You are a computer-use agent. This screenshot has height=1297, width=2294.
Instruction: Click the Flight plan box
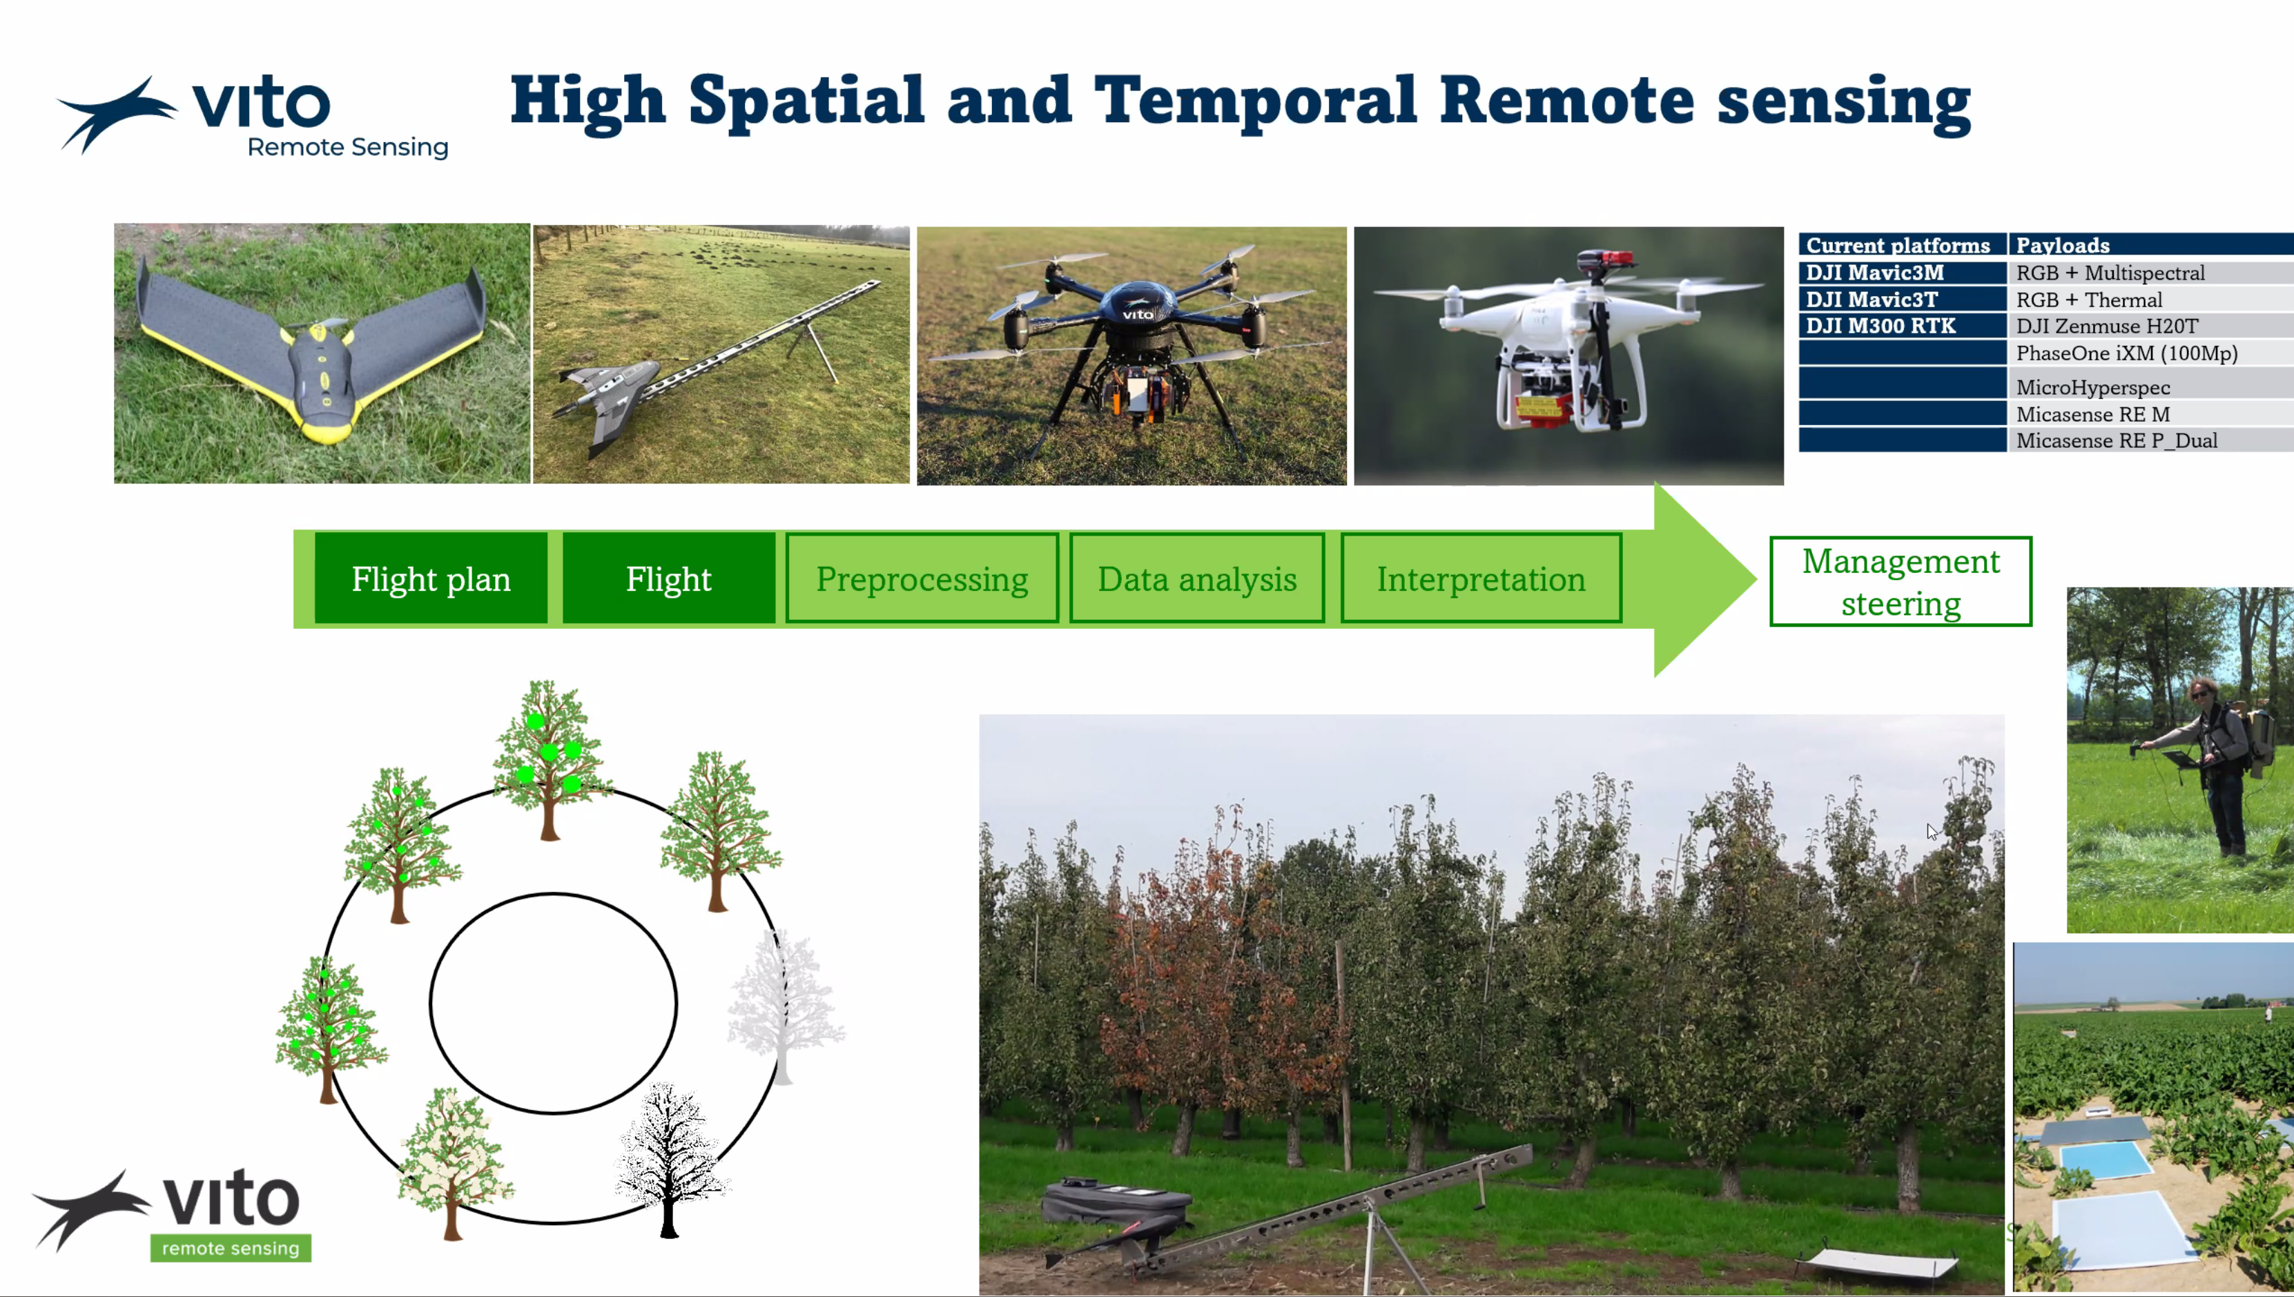pos(431,579)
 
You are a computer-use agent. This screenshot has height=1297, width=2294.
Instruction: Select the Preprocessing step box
pos(922,579)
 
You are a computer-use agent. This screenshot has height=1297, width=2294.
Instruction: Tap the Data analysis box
pos(1197,579)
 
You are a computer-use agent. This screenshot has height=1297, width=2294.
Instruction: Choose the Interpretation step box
pos(1481,579)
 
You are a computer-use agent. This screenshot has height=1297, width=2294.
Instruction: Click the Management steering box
pos(1901,582)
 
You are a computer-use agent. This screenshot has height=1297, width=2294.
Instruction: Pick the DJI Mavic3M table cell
pos(1902,273)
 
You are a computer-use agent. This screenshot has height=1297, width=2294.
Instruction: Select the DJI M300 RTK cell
pos(1902,326)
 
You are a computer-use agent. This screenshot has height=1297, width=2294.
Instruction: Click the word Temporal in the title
pos(1254,101)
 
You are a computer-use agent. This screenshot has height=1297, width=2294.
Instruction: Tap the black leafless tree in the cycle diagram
pos(670,1158)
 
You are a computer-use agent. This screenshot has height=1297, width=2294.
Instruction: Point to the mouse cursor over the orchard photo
pos(1932,832)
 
